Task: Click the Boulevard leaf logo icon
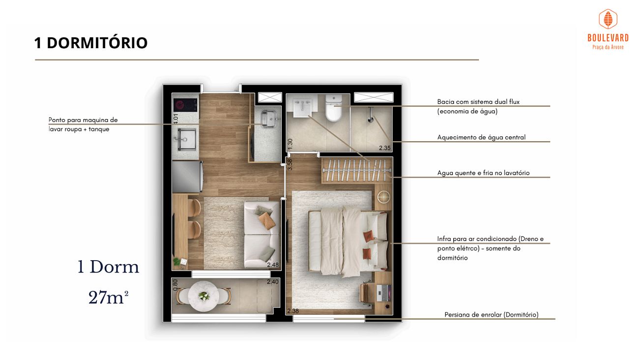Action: click(608, 19)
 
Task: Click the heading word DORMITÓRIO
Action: click(97, 43)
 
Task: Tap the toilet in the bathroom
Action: click(334, 108)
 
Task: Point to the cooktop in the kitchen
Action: click(185, 105)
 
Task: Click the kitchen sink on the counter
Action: click(186, 139)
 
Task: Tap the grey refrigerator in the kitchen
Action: click(188, 177)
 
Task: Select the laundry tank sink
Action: click(268, 119)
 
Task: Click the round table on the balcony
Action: click(203, 297)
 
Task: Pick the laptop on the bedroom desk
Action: click(383, 293)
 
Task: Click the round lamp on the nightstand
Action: click(383, 197)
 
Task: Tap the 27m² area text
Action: click(109, 298)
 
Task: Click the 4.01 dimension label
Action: click(176, 119)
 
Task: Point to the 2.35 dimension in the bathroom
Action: click(384, 148)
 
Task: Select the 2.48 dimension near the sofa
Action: click(273, 265)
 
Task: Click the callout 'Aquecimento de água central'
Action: click(481, 137)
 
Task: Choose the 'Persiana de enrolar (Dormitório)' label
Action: click(492, 315)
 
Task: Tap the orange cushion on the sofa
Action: click(267, 220)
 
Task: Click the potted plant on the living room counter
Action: click(176, 261)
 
